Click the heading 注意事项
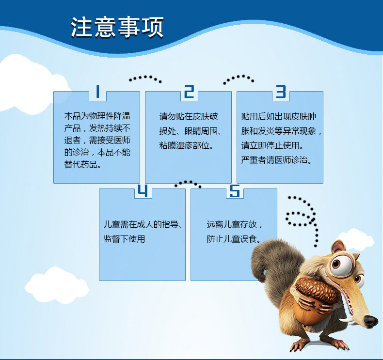click(x=117, y=27)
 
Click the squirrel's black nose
click(x=371, y=321)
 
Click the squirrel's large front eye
click(x=341, y=265)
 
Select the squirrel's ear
click(x=338, y=247)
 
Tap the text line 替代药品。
click(x=83, y=164)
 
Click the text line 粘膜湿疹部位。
click(x=187, y=145)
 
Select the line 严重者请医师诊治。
click(x=277, y=160)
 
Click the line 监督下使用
click(x=124, y=239)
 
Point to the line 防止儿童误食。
click(x=234, y=239)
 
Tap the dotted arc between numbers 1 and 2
click(x=145, y=77)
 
